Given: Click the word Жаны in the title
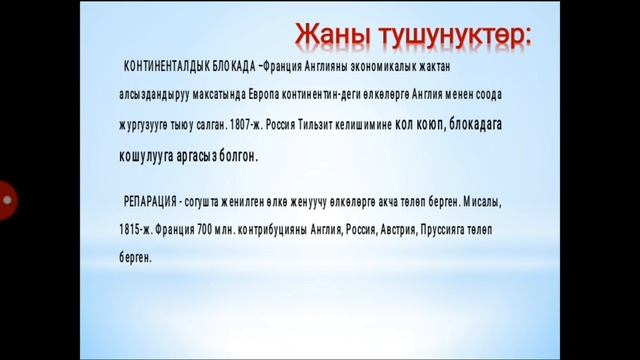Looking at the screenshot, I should coord(332,35).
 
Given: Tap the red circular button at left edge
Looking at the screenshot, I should coord(6,199).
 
